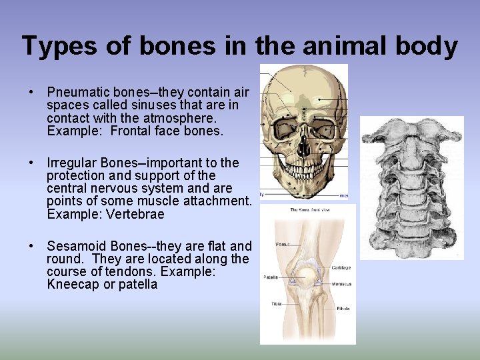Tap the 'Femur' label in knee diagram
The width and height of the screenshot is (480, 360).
tap(282, 245)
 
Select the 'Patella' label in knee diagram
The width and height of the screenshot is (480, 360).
tap(270, 277)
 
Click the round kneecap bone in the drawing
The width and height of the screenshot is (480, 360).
tap(306, 275)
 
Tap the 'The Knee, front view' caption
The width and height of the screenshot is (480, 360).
tap(308, 210)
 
